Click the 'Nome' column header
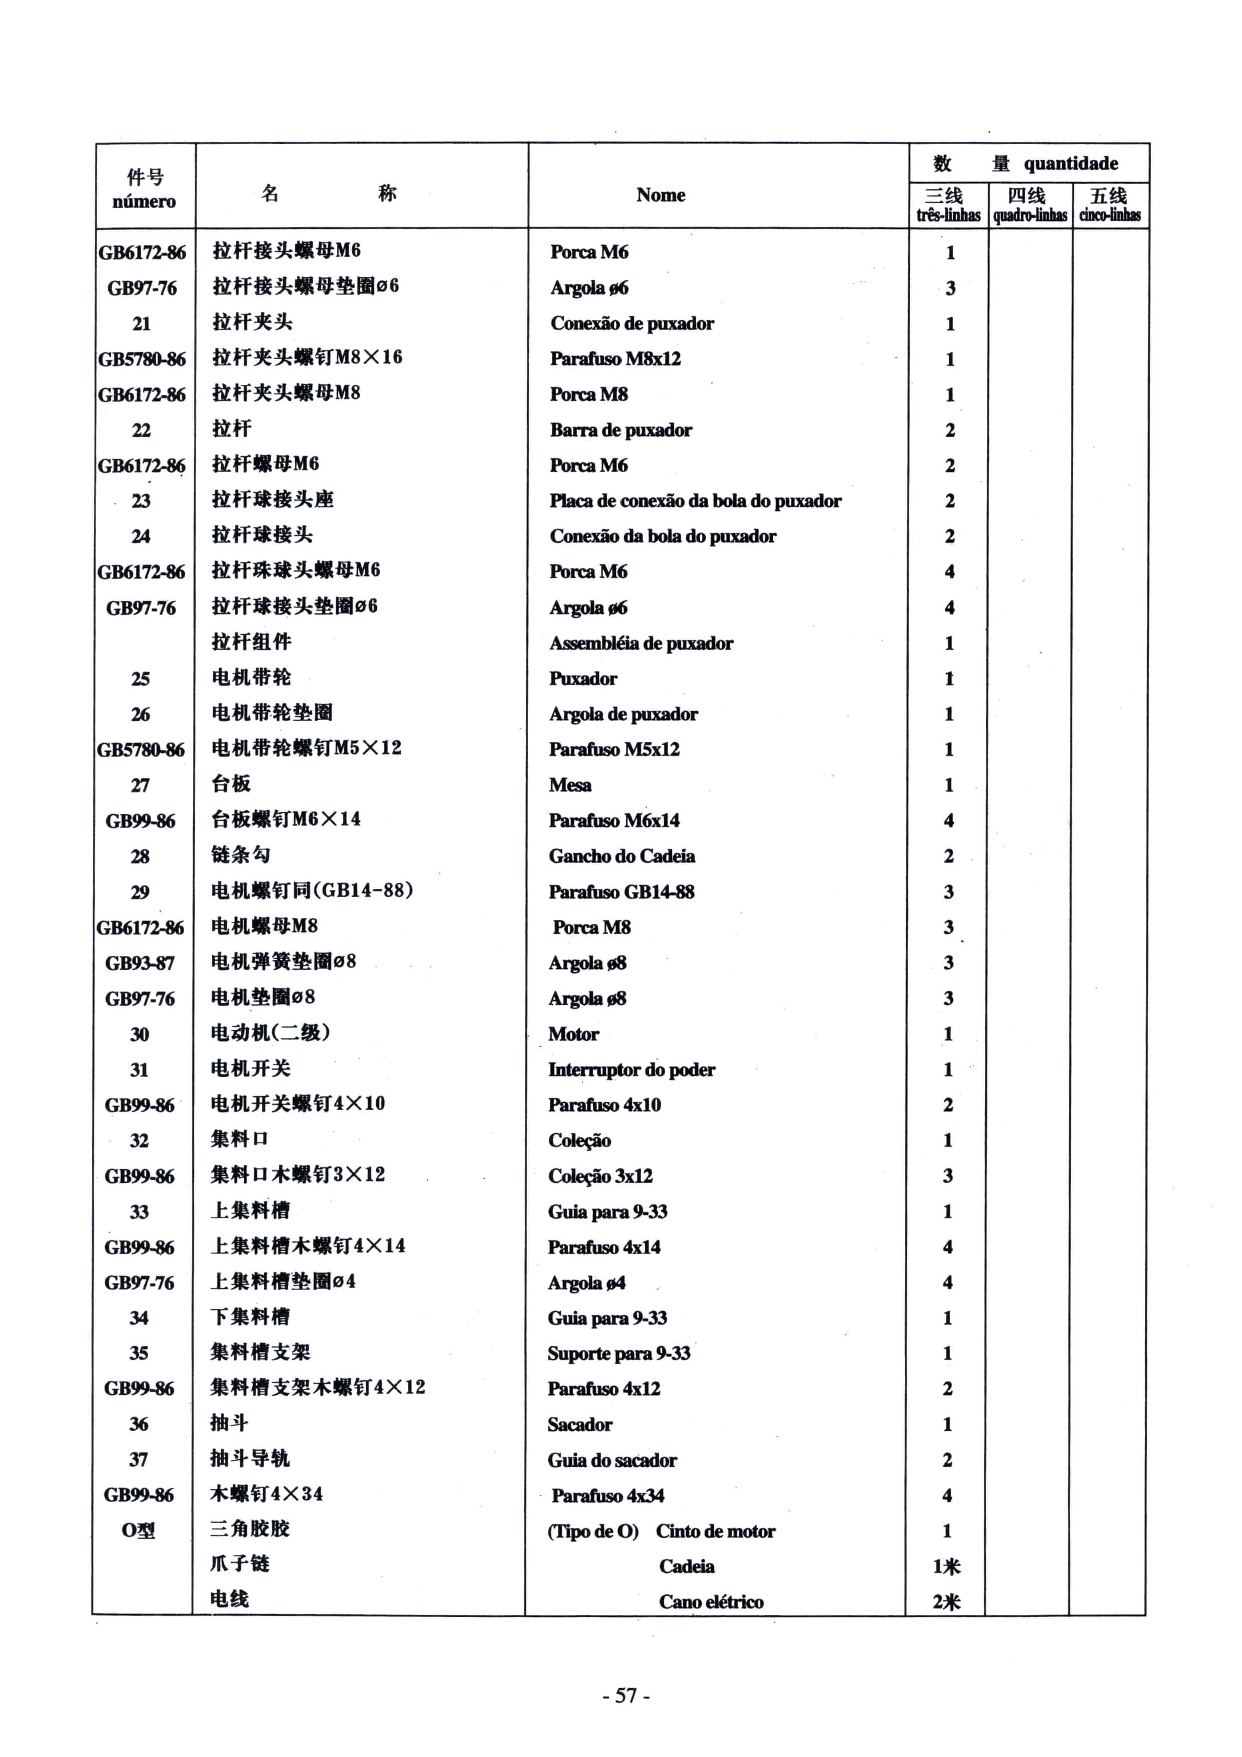pyautogui.click(x=661, y=195)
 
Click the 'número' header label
pyautogui.click(x=144, y=202)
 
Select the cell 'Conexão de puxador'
pyautogui.click(x=632, y=323)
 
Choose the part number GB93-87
pyautogui.click(x=140, y=963)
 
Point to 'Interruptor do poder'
pyautogui.click(x=632, y=1070)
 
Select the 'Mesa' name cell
pyautogui.click(x=570, y=785)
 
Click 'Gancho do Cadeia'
pyautogui.click(x=622, y=856)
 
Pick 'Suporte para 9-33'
pyautogui.click(x=618, y=1354)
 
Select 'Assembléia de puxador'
pyautogui.click(x=641, y=643)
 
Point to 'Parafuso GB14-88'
pyautogui.click(x=622, y=892)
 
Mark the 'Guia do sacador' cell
pyautogui.click(x=611, y=1460)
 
